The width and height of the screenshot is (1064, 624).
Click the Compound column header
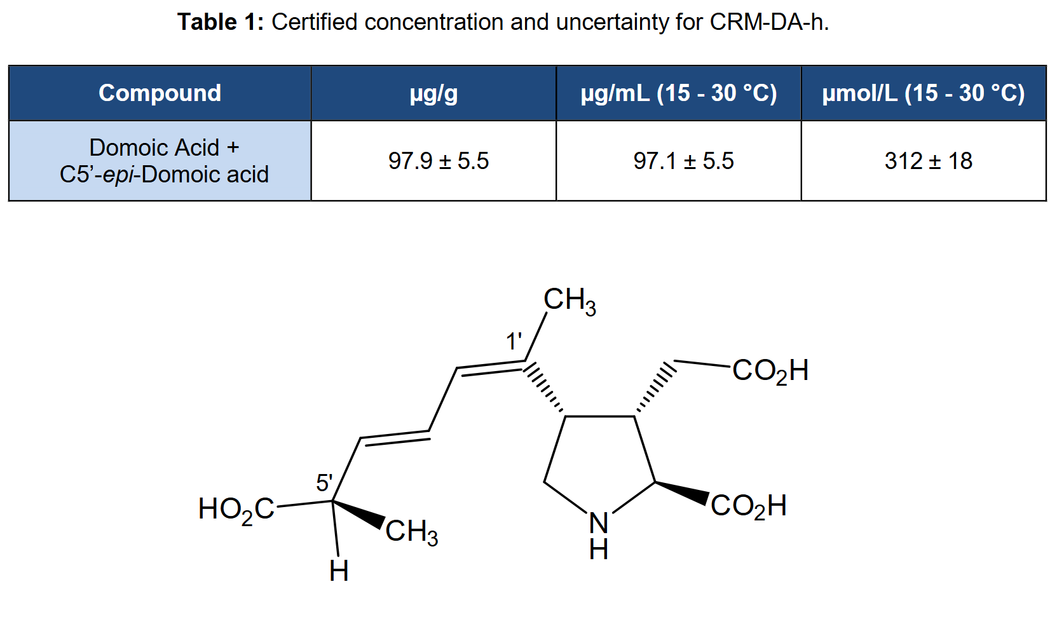160,93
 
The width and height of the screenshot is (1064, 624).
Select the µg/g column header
433,93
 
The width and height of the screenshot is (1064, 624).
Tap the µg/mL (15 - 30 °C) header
679,93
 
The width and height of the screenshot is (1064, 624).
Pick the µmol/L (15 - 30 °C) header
924,93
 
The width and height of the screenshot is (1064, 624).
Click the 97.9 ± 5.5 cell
439,161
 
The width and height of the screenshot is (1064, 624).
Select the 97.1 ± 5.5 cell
683,161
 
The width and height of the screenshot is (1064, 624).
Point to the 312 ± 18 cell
928,161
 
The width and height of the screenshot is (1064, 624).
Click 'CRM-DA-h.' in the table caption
770,22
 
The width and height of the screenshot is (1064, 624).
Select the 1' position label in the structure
514,341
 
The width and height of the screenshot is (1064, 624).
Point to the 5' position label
324,483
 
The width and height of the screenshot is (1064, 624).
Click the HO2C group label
236,510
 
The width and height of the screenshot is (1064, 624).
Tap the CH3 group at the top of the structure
570,301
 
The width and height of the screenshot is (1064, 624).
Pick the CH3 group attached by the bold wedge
411,531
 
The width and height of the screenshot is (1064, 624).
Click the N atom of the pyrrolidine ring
599,524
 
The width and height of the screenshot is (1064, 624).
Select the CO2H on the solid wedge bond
749,506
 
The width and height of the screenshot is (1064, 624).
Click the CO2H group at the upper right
770,371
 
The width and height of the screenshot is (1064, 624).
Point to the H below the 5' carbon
339,571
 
